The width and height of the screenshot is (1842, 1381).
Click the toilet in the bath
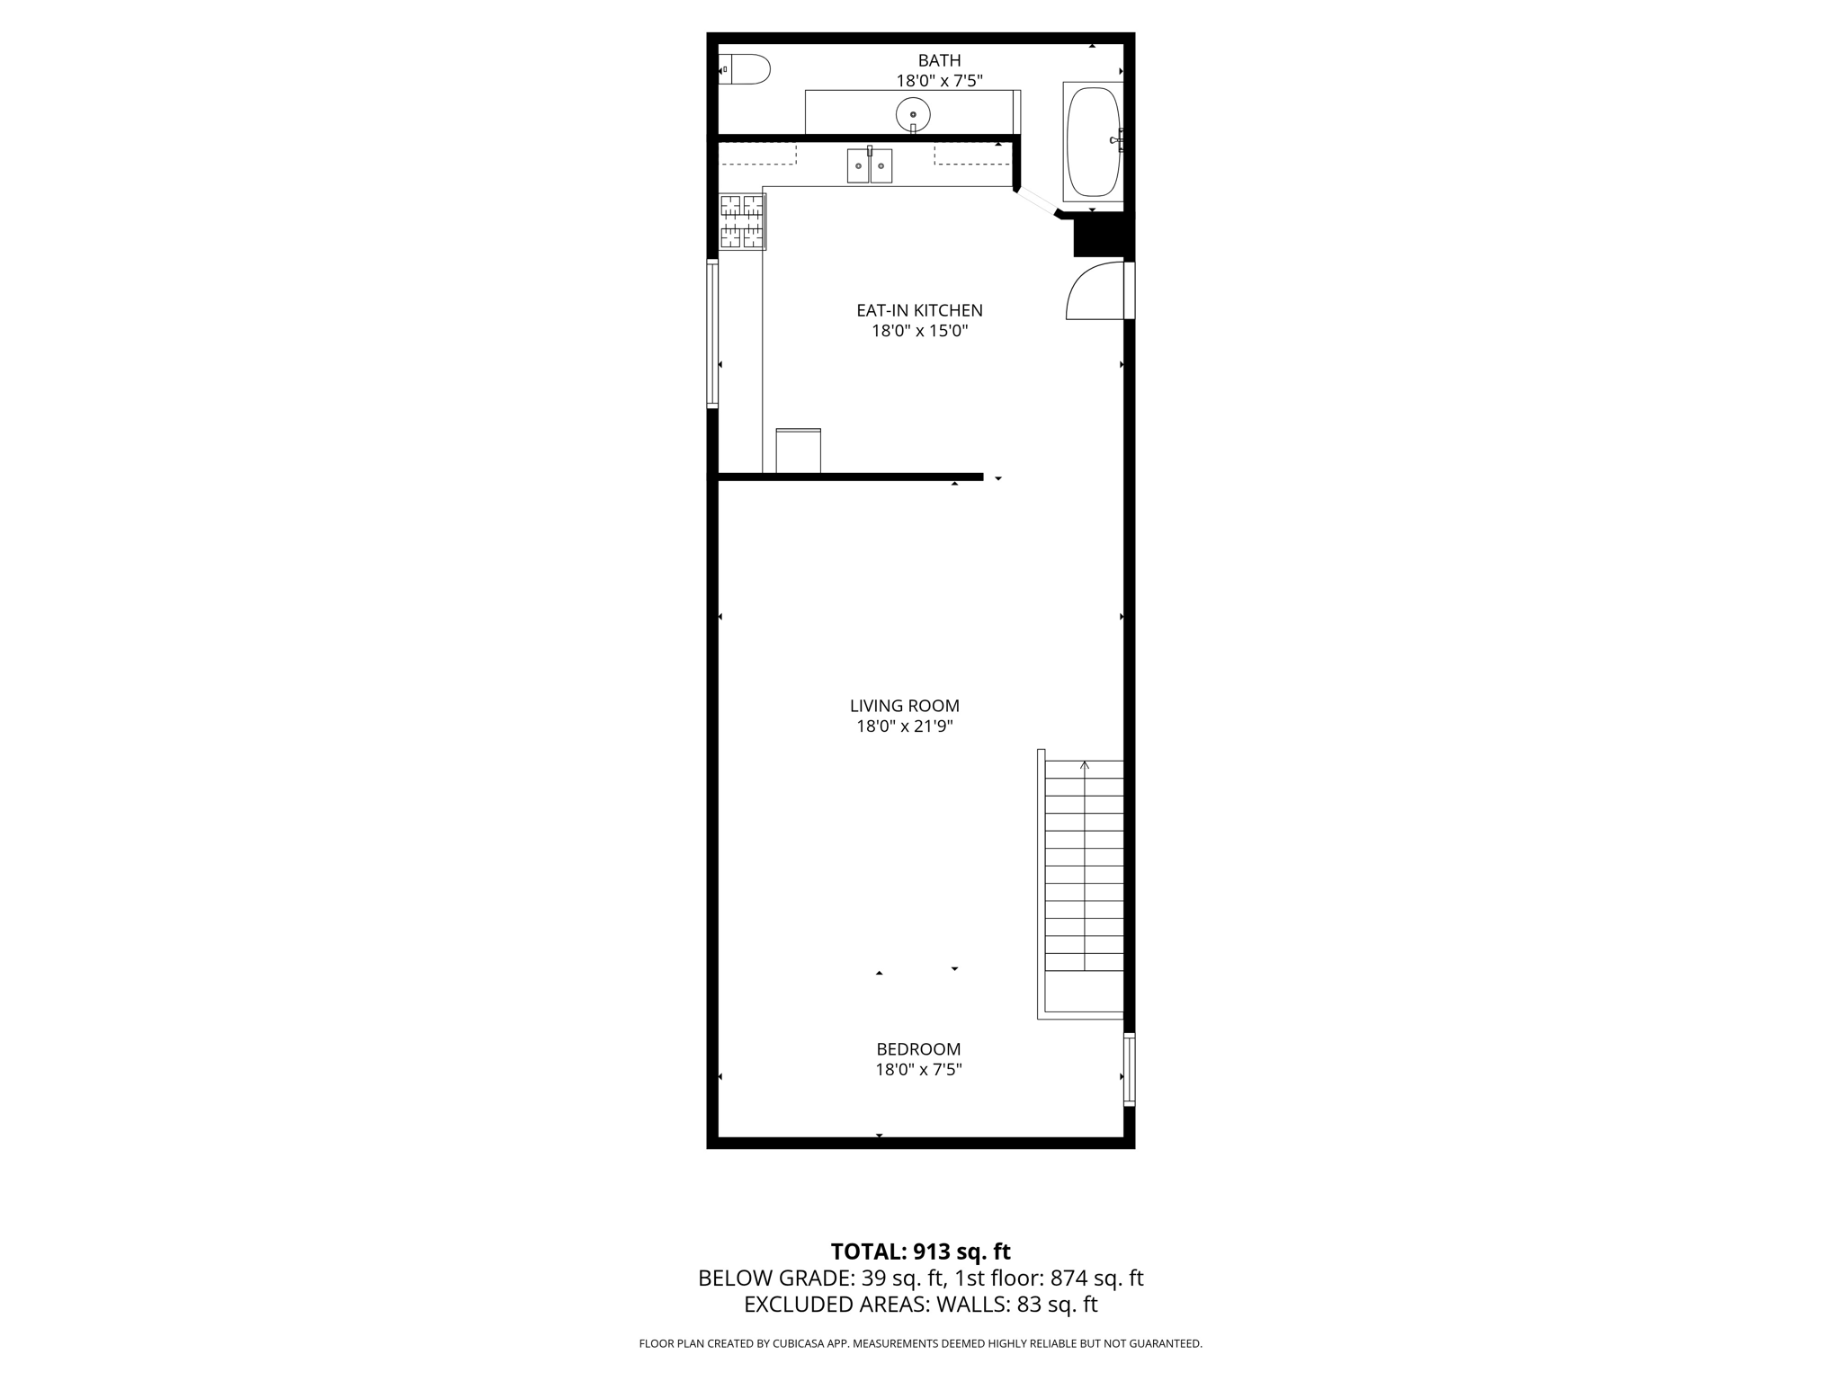[747, 69]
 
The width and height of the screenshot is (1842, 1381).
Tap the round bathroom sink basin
[913, 114]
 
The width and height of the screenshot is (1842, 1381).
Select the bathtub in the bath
[1093, 141]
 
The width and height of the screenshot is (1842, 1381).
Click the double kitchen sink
[869, 166]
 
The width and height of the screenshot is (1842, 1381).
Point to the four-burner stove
[742, 221]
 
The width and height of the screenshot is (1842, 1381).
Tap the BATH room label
[939, 60]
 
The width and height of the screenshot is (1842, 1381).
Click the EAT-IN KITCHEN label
[919, 310]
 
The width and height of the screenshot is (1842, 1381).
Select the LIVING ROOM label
[905, 706]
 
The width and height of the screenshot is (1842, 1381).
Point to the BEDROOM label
[918, 1049]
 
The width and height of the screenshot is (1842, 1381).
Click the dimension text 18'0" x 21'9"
[905, 726]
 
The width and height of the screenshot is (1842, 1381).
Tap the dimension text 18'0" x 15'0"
[919, 331]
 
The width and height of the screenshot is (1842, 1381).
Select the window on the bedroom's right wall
[1130, 1069]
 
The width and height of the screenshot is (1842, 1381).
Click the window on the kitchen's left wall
[712, 333]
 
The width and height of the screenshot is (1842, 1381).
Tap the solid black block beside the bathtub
[1099, 235]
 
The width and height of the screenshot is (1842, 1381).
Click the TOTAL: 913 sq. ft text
[920, 1252]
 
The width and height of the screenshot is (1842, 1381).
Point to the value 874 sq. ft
[1096, 1278]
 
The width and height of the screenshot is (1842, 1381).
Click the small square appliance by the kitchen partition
[798, 450]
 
